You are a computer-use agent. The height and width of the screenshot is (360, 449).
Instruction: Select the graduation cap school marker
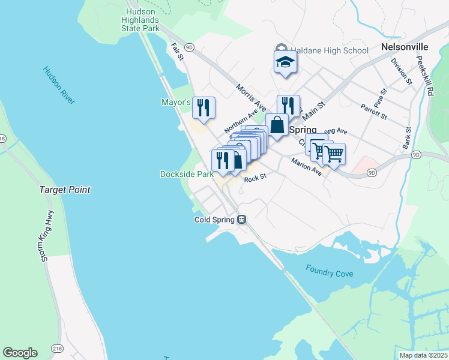tap(285, 62)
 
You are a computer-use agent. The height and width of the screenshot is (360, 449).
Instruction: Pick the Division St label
tap(400, 71)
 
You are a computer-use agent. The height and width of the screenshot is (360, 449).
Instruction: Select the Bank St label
tap(407, 139)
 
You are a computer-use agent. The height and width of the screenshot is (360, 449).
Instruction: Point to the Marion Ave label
tap(306, 166)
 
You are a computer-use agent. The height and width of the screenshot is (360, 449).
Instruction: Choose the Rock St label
tap(254, 176)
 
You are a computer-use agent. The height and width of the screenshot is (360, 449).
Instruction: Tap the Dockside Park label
tap(187, 174)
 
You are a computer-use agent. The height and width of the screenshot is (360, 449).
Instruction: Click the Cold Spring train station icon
tap(242, 220)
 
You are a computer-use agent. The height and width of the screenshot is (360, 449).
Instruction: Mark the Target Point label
tap(65, 190)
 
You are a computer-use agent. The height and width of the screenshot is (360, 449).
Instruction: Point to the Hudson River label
tap(59, 86)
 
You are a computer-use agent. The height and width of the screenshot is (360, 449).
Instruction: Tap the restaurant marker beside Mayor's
tap(203, 107)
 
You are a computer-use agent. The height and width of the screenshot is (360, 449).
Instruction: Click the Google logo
tap(20, 353)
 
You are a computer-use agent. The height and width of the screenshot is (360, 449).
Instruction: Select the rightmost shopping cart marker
tap(334, 154)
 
